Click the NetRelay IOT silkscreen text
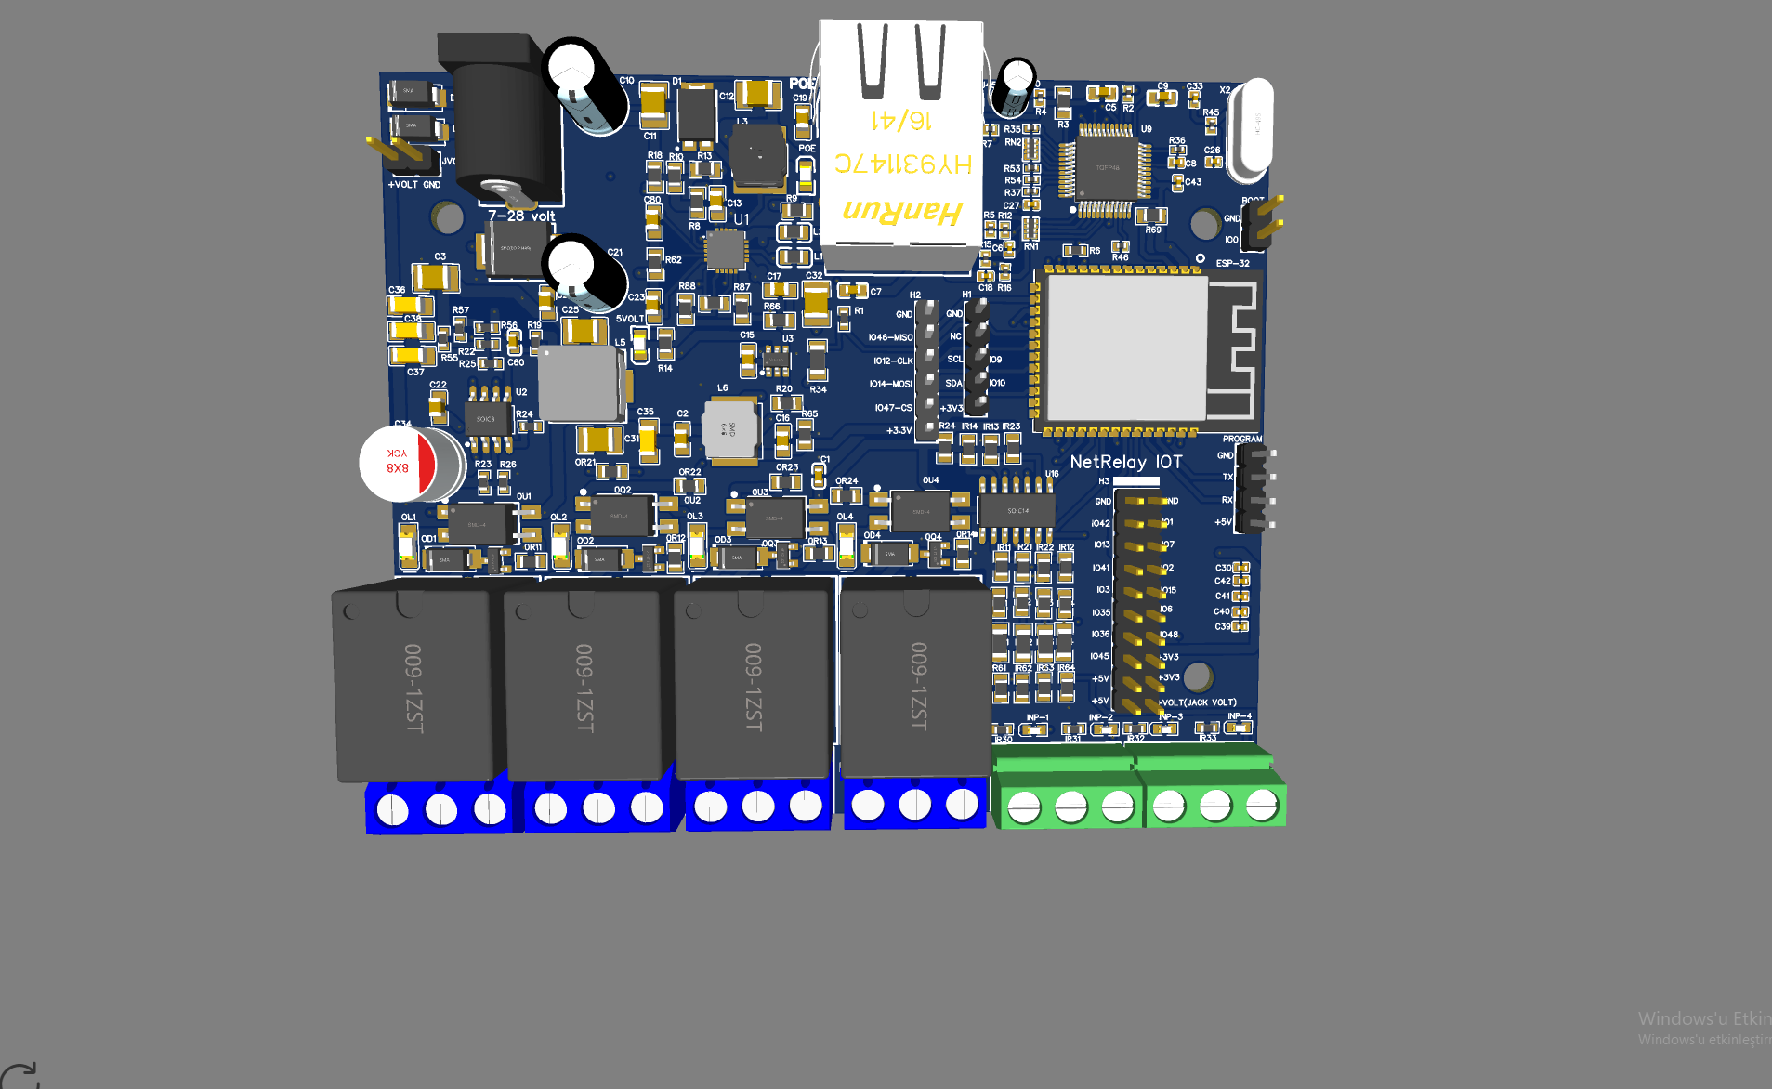[x=1125, y=462]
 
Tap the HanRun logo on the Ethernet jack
[x=900, y=212]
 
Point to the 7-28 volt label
[x=520, y=216]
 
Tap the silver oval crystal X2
[x=1250, y=130]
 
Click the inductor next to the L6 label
[x=730, y=429]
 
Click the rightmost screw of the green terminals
[x=1261, y=805]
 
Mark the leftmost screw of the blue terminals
[x=392, y=810]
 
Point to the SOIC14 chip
[x=1017, y=510]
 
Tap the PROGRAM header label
[x=1241, y=439]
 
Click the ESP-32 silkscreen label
[x=1232, y=263]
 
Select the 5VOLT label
[x=629, y=319]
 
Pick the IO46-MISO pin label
[x=890, y=337]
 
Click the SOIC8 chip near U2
[x=486, y=419]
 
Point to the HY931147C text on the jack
[x=902, y=164]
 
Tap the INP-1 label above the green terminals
[x=1037, y=717]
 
